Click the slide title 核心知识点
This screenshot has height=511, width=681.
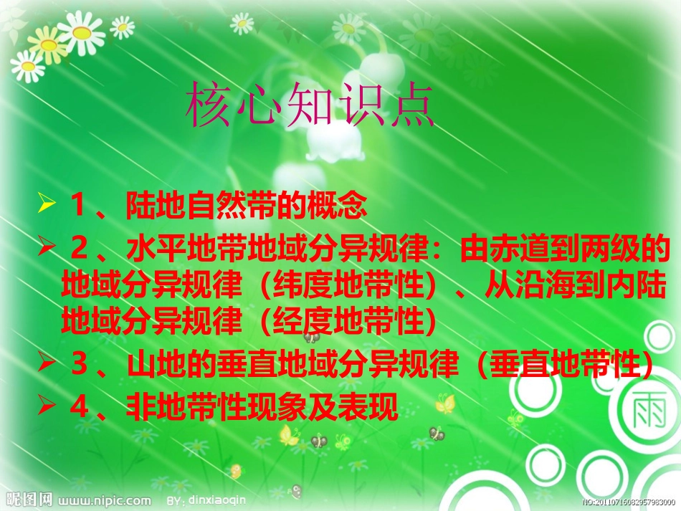coord(310,108)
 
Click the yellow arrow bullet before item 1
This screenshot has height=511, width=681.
coord(47,206)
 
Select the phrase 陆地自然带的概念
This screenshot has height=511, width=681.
coord(247,206)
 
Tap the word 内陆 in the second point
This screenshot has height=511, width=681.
coord(643,287)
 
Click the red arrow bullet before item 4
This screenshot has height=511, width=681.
coord(47,408)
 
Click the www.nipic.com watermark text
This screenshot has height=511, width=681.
coord(104,500)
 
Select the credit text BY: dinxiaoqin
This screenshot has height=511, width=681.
coord(205,500)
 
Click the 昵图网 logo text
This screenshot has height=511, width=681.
coord(27,500)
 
